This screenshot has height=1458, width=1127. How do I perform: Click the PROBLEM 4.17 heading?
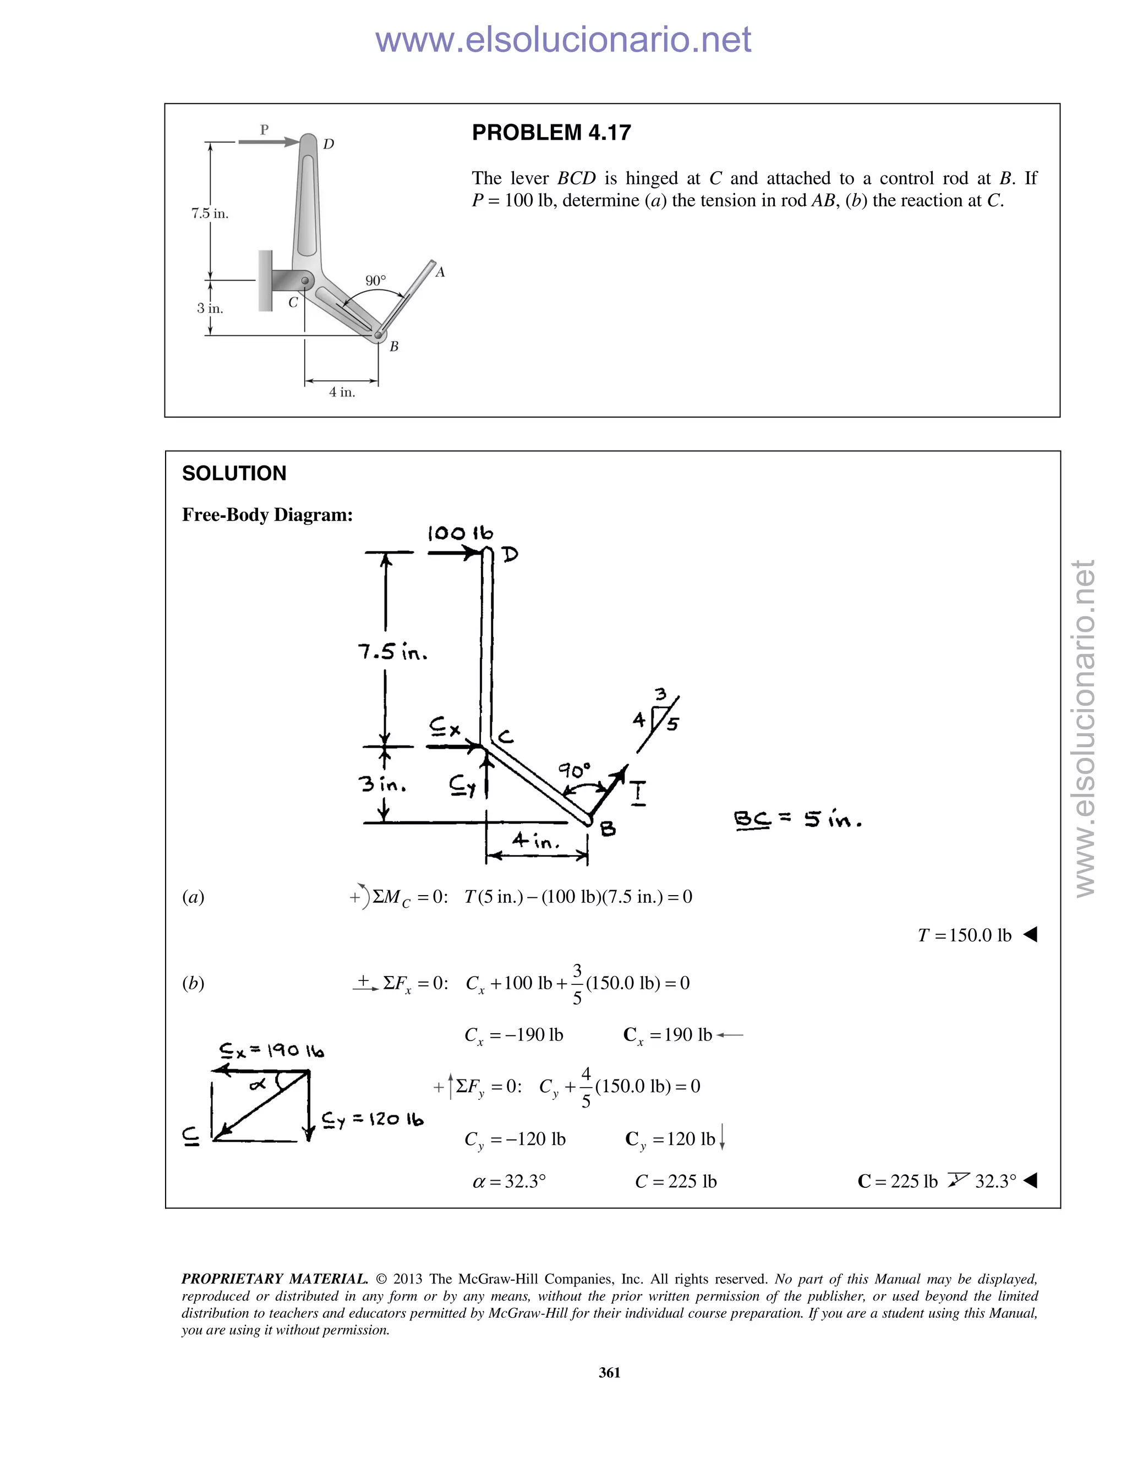[551, 133]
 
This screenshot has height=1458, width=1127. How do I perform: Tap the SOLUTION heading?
[234, 473]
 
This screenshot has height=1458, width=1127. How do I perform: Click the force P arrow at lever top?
[269, 141]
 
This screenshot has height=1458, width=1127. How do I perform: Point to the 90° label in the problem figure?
[375, 281]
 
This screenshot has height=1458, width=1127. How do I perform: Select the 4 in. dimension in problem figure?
[342, 392]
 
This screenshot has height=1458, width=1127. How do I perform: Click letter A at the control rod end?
[440, 272]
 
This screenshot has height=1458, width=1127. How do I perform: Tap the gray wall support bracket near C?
[266, 281]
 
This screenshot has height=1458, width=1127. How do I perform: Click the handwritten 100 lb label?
[460, 533]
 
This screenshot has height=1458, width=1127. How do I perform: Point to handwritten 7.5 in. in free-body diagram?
[392, 651]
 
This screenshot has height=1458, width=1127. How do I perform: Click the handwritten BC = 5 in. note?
[797, 819]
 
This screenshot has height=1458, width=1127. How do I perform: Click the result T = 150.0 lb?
[964, 935]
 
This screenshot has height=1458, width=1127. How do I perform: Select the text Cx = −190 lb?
[513, 1035]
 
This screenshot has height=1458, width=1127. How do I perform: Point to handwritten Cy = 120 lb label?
[372, 1120]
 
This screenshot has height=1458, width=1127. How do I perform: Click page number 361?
[610, 1373]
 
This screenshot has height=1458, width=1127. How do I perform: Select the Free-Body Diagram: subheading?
[267, 515]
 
